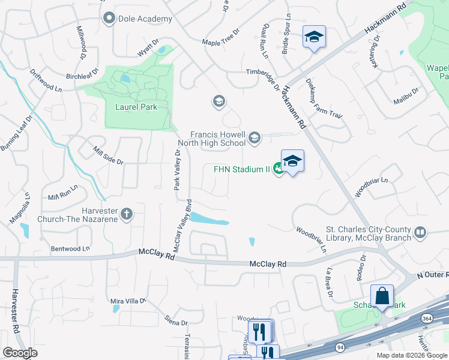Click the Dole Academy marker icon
(x=109, y=19)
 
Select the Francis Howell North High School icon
(x=255, y=139)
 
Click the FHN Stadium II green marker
(x=279, y=169)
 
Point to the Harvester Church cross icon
(x=127, y=214)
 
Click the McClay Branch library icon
(x=420, y=232)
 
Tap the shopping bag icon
(x=382, y=295)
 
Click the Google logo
(x=20, y=352)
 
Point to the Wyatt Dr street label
(x=148, y=49)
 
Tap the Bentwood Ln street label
(x=70, y=248)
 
